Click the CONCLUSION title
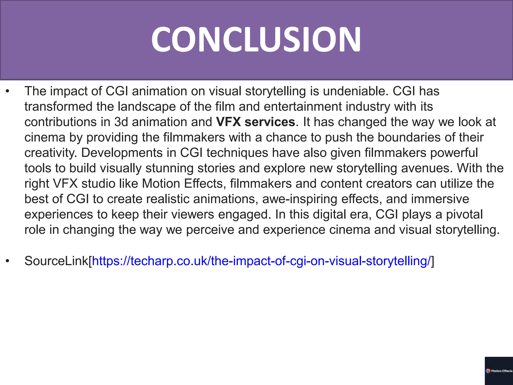256,39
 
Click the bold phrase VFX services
255,122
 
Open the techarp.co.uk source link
261,261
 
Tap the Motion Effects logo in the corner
499,371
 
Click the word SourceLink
56,261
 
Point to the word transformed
58,107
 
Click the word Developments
122,153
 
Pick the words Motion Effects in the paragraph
183,184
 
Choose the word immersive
440,199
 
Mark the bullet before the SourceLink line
8,261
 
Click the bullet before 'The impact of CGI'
8,91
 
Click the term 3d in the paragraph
121,122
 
